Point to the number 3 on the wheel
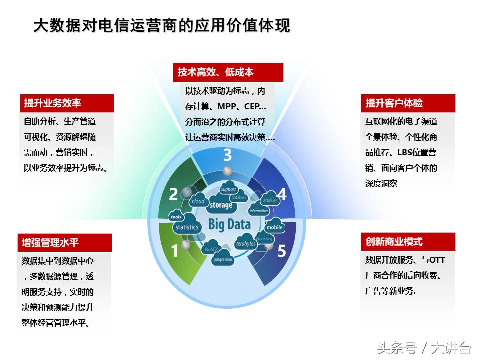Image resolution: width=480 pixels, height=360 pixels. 227,154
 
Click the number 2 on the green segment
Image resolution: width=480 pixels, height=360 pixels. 173,194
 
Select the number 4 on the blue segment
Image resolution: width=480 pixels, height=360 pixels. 282,194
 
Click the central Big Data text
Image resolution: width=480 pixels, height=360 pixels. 229,224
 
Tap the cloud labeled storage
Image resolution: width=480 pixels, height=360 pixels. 221,205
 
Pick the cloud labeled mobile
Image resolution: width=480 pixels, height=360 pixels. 274,227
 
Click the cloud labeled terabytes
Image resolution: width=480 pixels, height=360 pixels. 245,244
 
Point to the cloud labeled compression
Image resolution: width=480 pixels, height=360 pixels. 222,259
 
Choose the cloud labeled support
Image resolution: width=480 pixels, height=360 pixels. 228,190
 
